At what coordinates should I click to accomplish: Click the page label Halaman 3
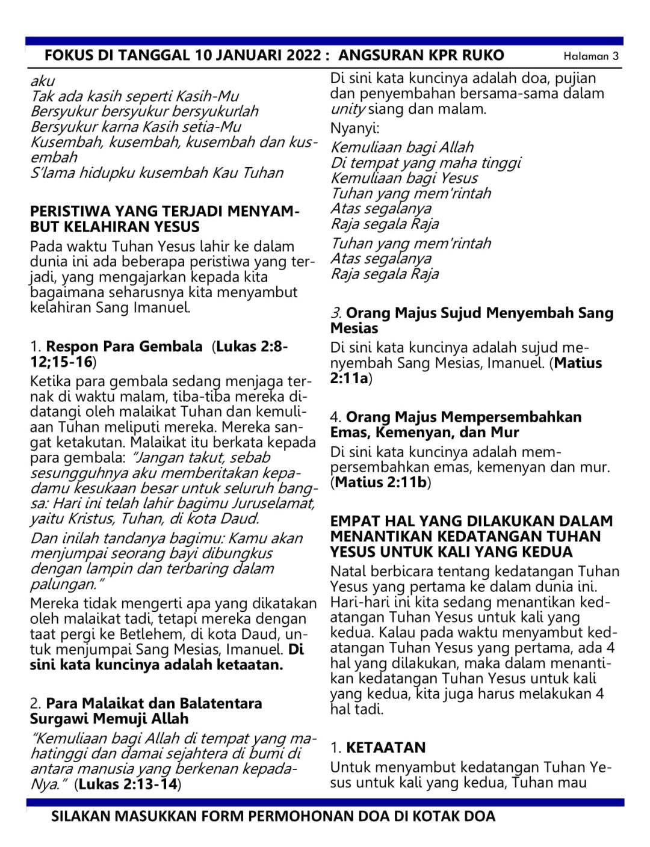590,57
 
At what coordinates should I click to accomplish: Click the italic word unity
347,109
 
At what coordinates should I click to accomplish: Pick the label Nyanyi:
354,128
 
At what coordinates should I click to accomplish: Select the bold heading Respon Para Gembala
124,347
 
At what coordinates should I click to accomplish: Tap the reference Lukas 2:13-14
128,784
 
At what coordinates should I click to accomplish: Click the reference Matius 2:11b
380,482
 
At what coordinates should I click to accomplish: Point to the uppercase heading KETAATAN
386,748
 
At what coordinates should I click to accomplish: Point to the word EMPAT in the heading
353,522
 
